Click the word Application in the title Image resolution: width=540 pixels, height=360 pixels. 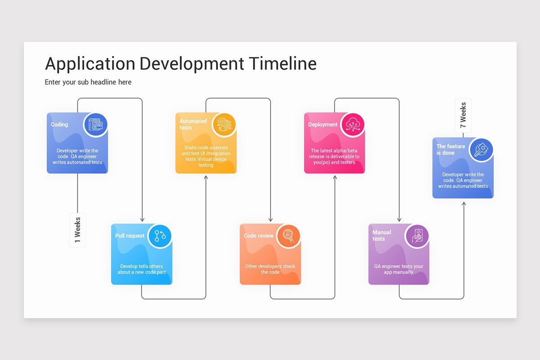[90, 64]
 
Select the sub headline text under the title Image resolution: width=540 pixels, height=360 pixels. [88, 82]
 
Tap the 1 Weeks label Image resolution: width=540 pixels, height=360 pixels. [77, 230]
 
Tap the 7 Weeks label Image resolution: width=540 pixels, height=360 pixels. [463, 115]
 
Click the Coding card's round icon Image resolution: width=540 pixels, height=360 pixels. [95, 125]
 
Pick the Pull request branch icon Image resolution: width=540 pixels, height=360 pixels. [160, 236]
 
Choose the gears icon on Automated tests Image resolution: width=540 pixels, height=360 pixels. [224, 124]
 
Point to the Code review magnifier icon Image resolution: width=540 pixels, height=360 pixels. [288, 236]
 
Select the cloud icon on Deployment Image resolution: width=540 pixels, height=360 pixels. [352, 125]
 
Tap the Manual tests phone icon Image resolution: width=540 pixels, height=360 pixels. [417, 236]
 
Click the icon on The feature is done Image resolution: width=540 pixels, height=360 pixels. [481, 149]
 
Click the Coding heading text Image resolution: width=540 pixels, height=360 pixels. [59, 125]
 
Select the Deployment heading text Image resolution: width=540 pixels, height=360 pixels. [323, 125]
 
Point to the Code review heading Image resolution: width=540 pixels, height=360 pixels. [259, 236]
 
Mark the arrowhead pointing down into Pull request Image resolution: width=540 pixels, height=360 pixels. [142, 220]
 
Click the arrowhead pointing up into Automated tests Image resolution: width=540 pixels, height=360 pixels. [206, 178]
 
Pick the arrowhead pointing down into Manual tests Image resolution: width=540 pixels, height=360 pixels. [399, 220]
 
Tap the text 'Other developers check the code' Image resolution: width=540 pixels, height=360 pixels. [270, 269]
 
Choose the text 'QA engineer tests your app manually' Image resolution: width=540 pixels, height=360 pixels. [399, 269]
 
